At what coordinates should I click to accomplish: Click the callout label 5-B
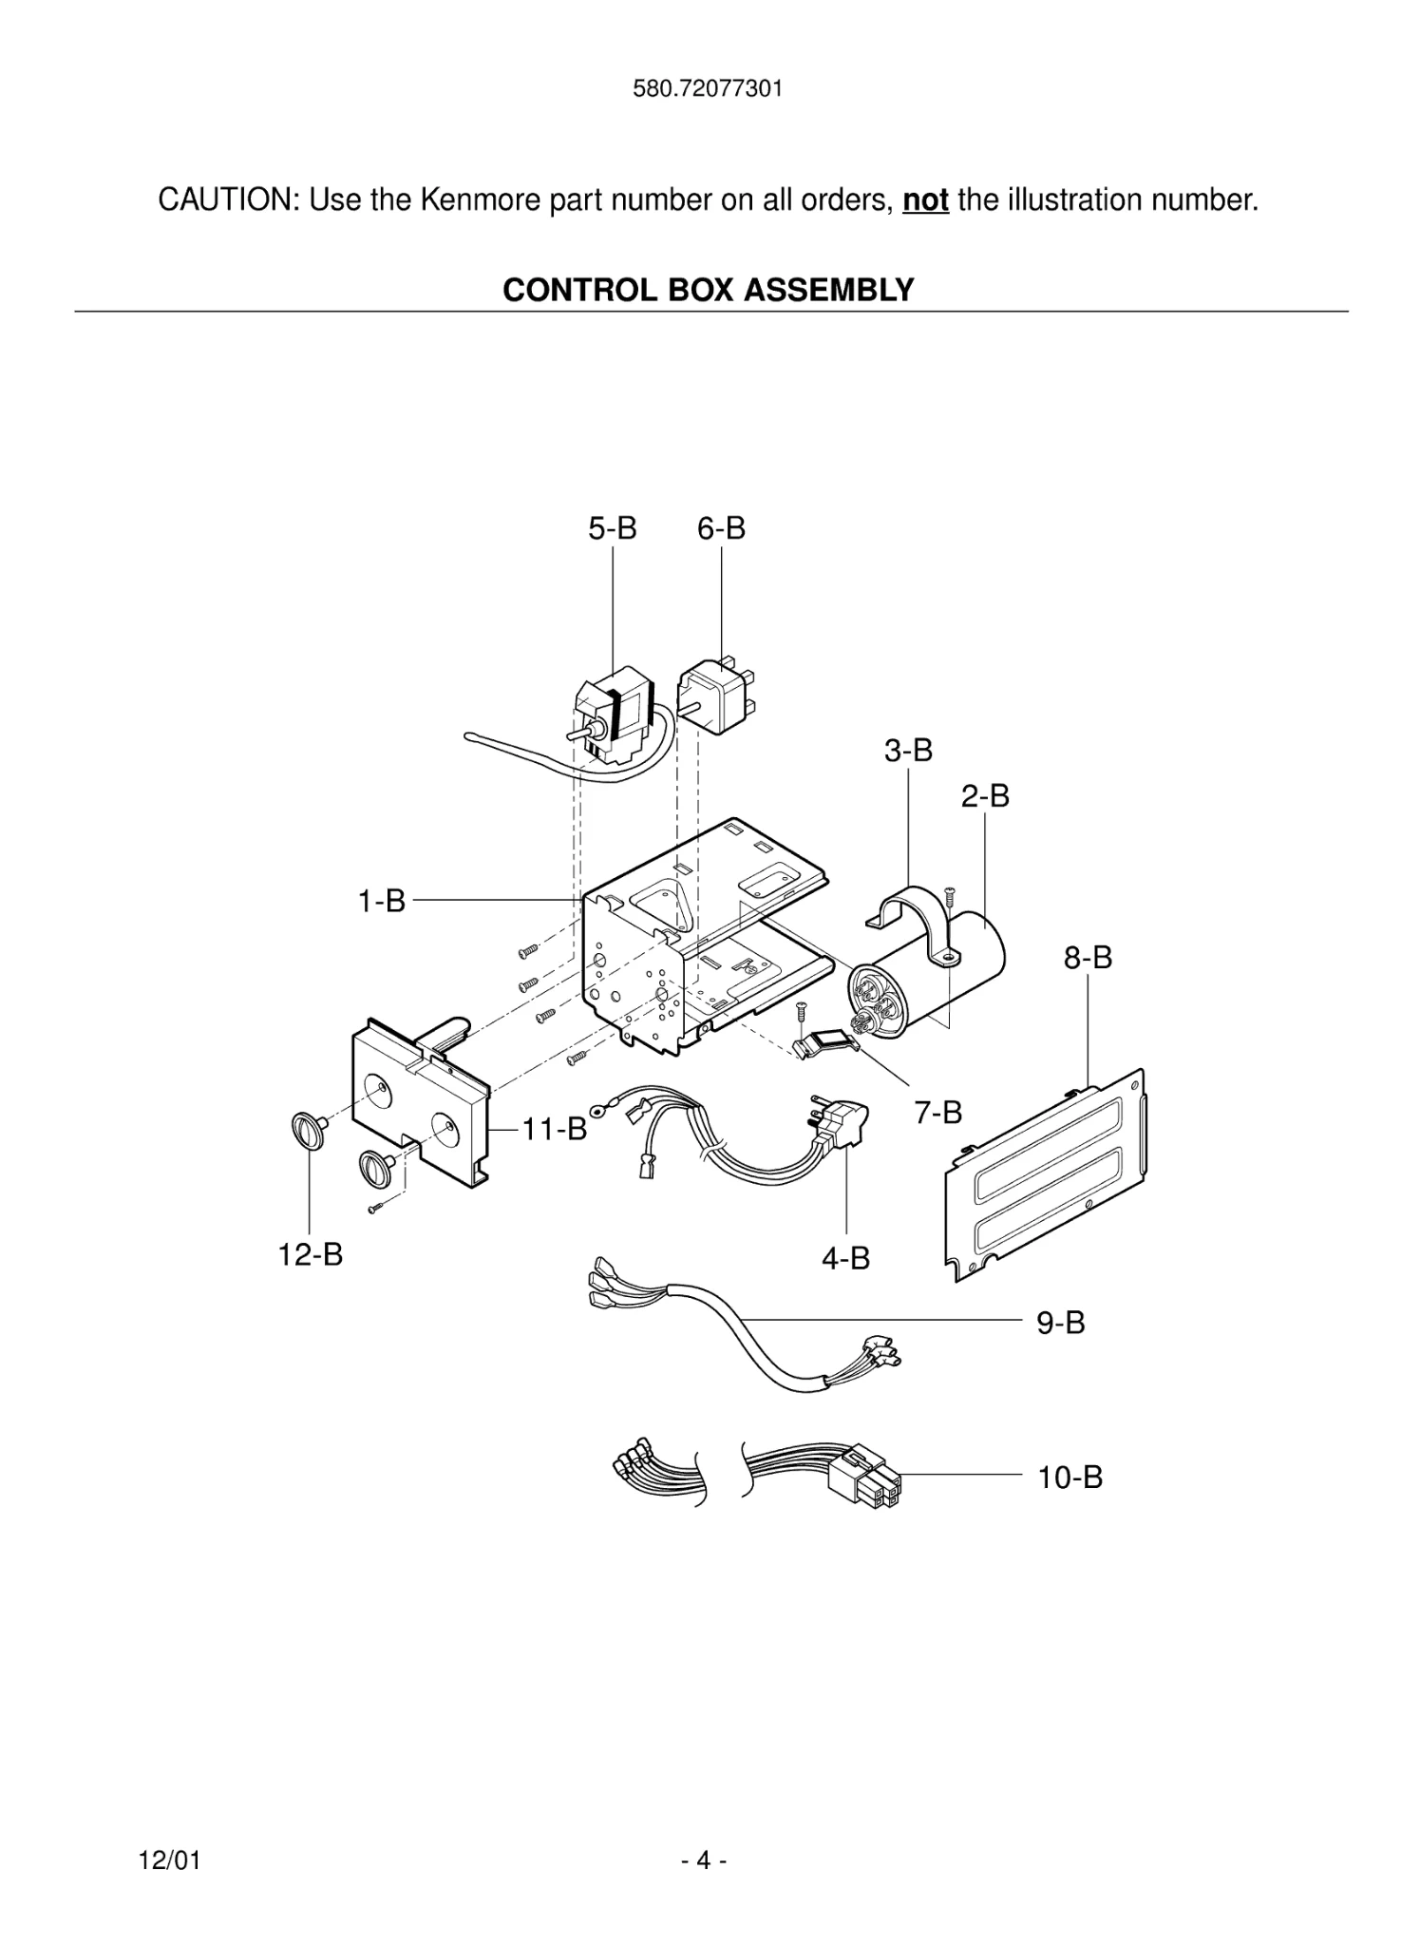(x=612, y=528)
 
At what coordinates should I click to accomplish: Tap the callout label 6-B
(x=721, y=528)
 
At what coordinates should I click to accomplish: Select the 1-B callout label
(x=381, y=900)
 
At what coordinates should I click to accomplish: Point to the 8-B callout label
(x=1088, y=957)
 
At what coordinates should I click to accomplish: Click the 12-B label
(x=310, y=1254)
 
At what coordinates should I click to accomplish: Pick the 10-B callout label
(x=1070, y=1478)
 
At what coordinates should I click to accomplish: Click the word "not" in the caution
(x=925, y=200)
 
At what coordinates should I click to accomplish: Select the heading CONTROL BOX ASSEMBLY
(x=709, y=290)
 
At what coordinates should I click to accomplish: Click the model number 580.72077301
(x=708, y=89)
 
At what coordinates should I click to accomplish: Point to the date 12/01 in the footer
(x=170, y=1860)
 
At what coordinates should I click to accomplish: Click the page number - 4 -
(x=704, y=1860)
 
